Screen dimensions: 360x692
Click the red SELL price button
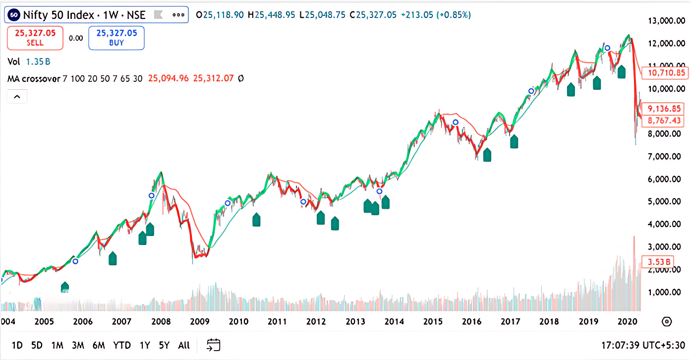[35, 38]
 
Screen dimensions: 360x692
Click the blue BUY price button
[116, 38]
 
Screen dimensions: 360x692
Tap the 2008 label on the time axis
[161, 321]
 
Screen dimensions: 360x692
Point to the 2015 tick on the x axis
[433, 321]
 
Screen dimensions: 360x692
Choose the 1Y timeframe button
[145, 345]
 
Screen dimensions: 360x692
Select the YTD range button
[121, 345]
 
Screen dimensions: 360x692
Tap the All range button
[184, 345]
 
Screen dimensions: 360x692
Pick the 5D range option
[37, 345]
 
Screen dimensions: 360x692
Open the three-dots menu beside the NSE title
[178, 15]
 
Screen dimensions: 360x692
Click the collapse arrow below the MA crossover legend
[17, 97]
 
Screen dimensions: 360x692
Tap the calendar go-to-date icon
[214, 345]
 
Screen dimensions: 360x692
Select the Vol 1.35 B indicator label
[29, 62]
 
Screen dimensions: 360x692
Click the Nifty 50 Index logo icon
[15, 15]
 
